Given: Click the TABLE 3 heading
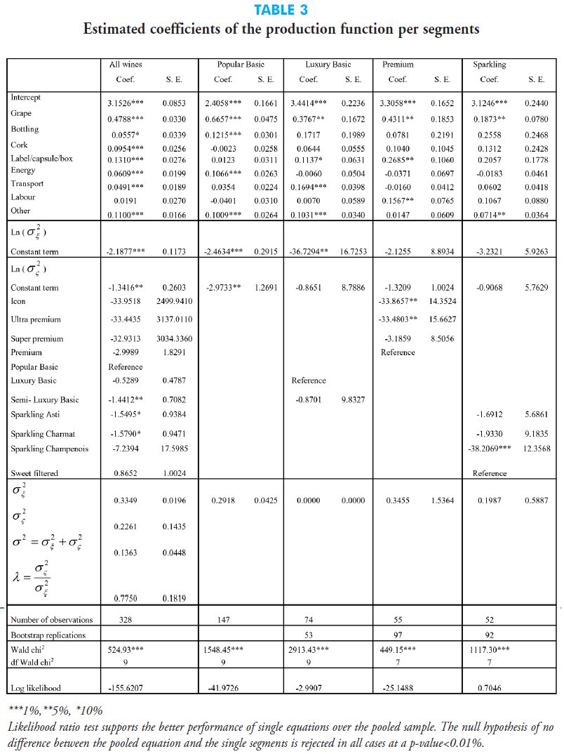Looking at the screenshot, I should (x=281, y=11).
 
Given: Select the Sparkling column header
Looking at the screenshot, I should (x=489, y=65).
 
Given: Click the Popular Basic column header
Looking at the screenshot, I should (x=241, y=65).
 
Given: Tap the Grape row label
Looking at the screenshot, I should (x=21, y=113).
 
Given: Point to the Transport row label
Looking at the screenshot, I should (x=27, y=184).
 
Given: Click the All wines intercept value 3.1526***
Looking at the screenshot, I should (x=126, y=102).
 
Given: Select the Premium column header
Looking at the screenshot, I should (x=398, y=65).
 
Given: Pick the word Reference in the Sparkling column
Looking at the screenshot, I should (x=489, y=474).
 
